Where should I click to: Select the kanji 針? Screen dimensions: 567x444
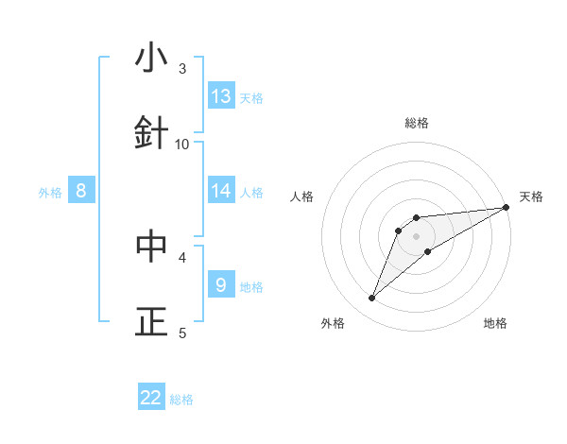click(x=151, y=131)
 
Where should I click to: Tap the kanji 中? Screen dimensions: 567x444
click(x=151, y=246)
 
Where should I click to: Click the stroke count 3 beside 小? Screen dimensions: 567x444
click(x=182, y=69)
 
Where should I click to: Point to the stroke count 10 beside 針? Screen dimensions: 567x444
click(x=182, y=144)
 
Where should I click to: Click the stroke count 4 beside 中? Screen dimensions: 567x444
click(x=182, y=257)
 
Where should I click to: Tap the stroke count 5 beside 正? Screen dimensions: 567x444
click(x=182, y=333)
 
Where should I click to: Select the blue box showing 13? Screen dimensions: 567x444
click(x=221, y=95)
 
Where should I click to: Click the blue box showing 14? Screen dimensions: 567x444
click(x=221, y=191)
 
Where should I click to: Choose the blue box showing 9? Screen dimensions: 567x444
click(x=221, y=284)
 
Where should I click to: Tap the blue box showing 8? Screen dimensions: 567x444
click(x=81, y=191)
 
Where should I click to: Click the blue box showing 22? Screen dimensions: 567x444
click(x=151, y=398)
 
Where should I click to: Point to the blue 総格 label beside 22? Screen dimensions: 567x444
click(x=181, y=400)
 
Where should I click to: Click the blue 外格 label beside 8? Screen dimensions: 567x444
click(x=50, y=193)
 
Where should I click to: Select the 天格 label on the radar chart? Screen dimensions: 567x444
click(x=531, y=196)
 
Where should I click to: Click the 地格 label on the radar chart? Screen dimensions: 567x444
click(x=495, y=323)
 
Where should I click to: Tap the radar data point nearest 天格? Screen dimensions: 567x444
click(x=506, y=207)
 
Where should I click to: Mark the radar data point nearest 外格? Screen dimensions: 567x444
click(x=372, y=299)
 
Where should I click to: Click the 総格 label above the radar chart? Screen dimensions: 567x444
click(x=417, y=123)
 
